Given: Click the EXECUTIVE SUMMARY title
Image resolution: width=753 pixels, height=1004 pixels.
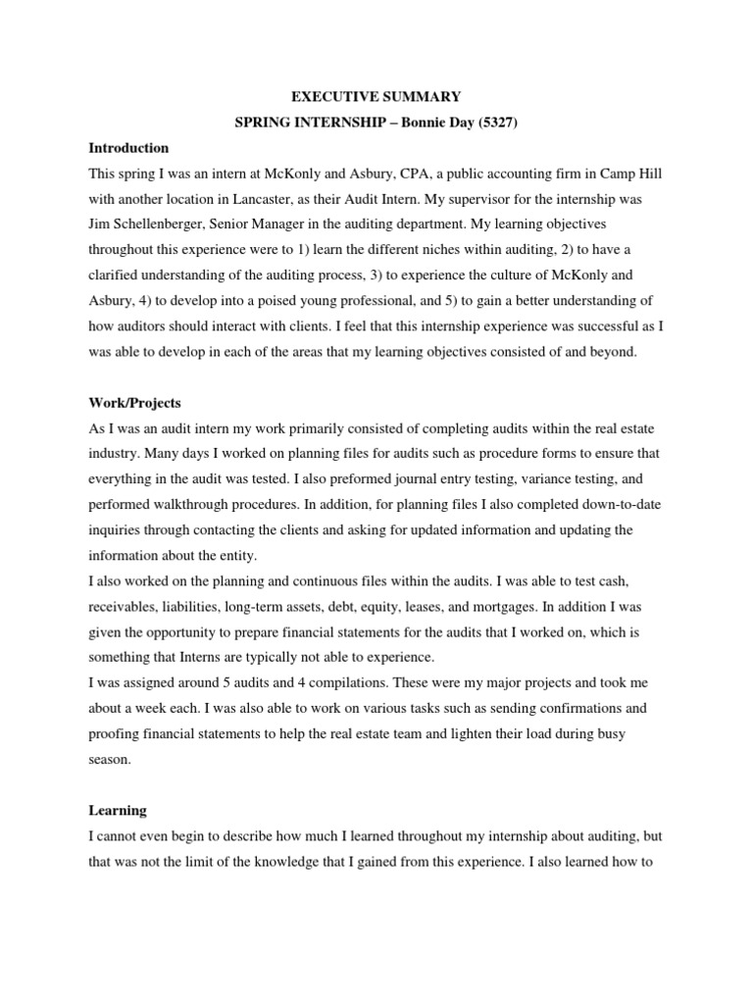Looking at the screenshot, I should click(x=376, y=97).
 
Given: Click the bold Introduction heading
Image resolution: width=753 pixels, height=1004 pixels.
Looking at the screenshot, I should click(x=128, y=148).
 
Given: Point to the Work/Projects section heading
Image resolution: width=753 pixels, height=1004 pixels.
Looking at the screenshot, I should click(x=134, y=404).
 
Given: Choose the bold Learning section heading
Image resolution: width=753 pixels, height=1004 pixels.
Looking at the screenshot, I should click(x=118, y=811).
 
